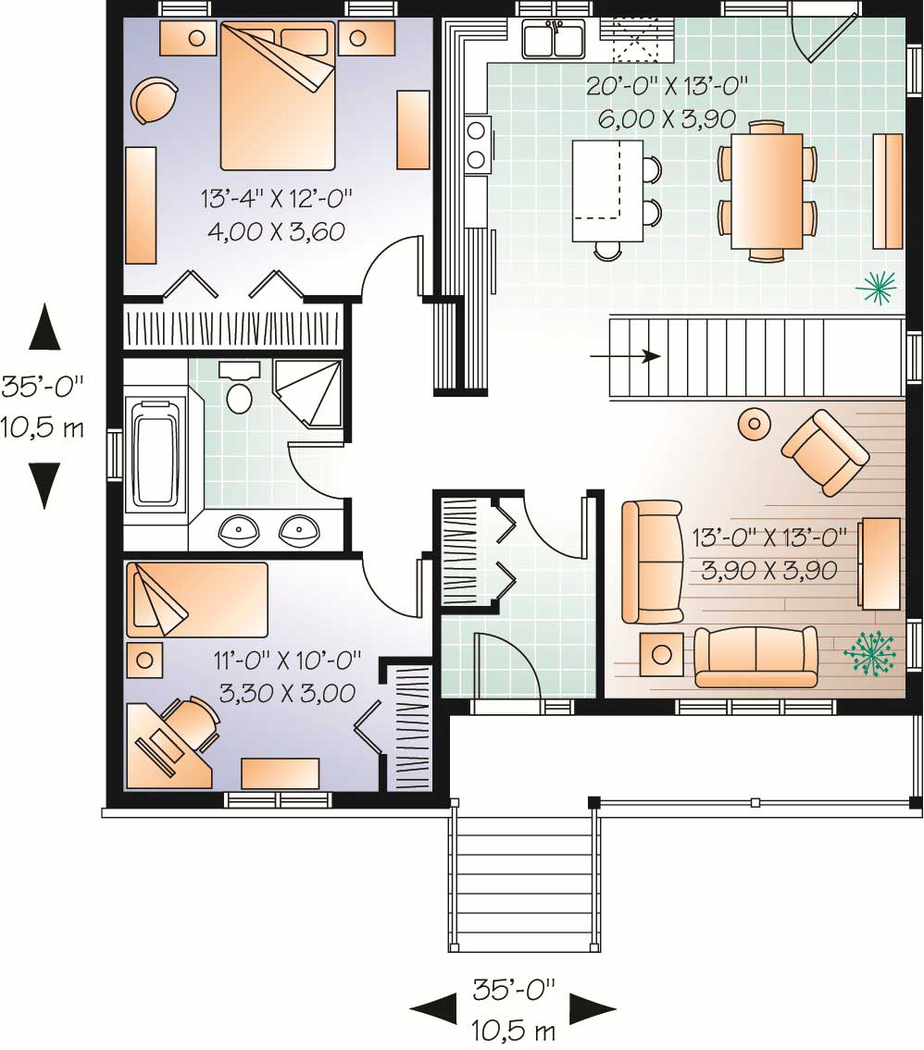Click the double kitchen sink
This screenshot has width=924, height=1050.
pos(554,40)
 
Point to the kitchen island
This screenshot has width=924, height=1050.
pos(607,190)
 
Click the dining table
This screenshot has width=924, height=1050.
pos(766,191)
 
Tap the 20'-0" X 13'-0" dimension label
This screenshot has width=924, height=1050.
pos(666,88)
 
